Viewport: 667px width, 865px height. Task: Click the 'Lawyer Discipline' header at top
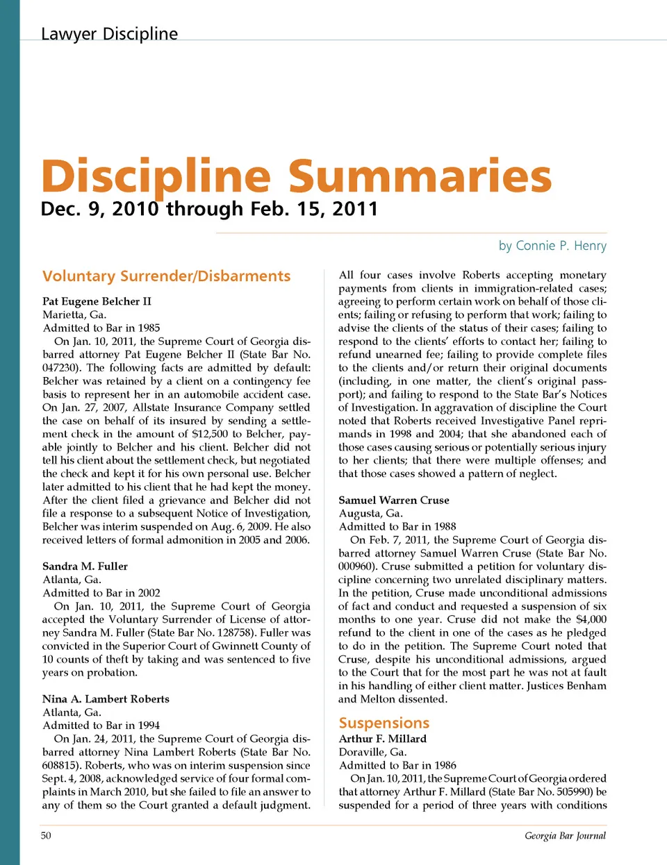tap(109, 34)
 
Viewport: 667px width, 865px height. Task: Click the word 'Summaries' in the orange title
tap(420, 176)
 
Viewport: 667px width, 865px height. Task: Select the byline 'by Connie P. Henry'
tap(552, 246)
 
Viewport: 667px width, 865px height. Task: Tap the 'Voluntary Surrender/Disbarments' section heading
tap(166, 276)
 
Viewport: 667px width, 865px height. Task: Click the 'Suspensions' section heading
tap(384, 723)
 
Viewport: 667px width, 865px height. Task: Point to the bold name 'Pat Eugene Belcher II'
tap(97, 301)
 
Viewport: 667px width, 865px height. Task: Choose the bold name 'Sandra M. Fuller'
tap(85, 566)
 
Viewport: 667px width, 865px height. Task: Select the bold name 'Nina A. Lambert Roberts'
tap(106, 699)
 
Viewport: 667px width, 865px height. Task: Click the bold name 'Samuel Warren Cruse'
tap(393, 501)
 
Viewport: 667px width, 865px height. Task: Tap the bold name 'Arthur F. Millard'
tap(382, 739)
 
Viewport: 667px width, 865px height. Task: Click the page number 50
tap(46, 836)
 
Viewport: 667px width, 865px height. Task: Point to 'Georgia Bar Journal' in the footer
tap(565, 836)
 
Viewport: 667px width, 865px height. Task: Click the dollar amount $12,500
tap(210, 434)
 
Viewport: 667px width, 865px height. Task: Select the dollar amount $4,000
tap(591, 619)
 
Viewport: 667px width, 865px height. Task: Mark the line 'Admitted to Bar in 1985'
tap(101, 328)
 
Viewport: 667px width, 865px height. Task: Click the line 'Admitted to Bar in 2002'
tap(101, 593)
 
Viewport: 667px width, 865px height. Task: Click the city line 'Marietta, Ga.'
tap(74, 314)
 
